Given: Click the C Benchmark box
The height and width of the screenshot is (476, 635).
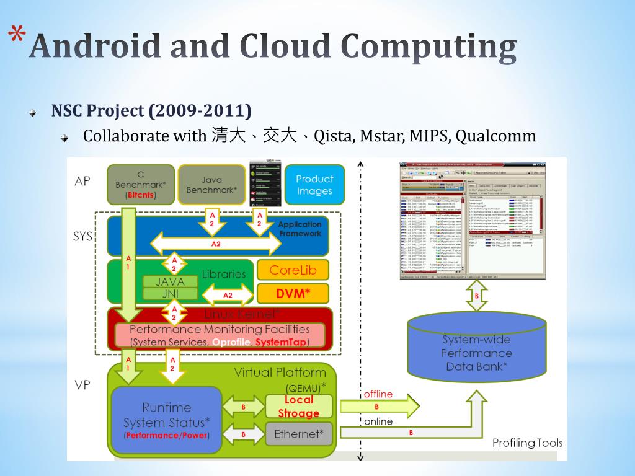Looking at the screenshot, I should click(141, 184).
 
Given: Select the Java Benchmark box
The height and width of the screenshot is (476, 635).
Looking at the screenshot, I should click(211, 184).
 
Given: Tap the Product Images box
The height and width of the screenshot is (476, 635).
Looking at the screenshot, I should click(314, 184).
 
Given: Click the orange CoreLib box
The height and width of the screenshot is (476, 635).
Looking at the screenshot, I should click(293, 270).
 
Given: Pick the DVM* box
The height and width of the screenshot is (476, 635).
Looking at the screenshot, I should click(293, 294).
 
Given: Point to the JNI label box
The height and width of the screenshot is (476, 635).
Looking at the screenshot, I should click(170, 294).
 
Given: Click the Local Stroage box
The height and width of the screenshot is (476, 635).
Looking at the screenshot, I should click(299, 407).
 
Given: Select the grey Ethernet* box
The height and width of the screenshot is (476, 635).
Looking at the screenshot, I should click(299, 434).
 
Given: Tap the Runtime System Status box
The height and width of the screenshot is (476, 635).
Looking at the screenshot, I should click(166, 419).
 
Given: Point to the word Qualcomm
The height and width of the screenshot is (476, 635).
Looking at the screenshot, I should click(495, 136).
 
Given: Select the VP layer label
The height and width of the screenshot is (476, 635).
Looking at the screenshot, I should click(82, 385).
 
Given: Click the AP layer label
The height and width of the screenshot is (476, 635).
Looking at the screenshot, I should click(82, 181).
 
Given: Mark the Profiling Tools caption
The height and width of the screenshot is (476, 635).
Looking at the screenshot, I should click(527, 443).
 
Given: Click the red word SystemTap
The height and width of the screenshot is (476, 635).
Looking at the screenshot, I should click(281, 342).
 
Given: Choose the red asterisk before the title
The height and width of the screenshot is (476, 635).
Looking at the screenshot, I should click(18, 37).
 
